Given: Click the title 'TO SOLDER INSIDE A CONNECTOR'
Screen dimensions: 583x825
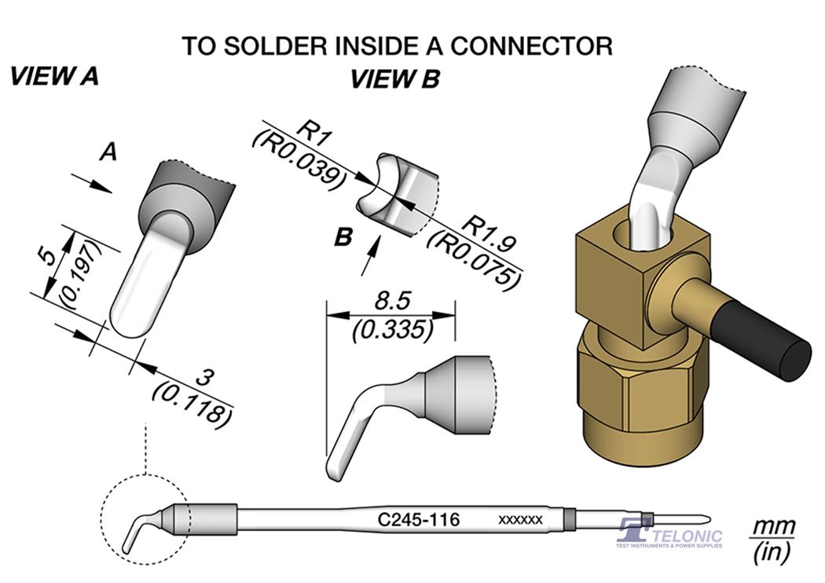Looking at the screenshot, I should pos(397,45).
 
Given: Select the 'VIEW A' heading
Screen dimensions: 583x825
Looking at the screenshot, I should pos(53,77).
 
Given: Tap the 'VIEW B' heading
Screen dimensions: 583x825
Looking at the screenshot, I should pos(394,79).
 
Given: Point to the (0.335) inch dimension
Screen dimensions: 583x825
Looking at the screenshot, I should pos(391,329).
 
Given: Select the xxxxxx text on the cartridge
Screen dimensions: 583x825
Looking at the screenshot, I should pos(520,520).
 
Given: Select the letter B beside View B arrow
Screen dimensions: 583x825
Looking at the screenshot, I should pos(342,236).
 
